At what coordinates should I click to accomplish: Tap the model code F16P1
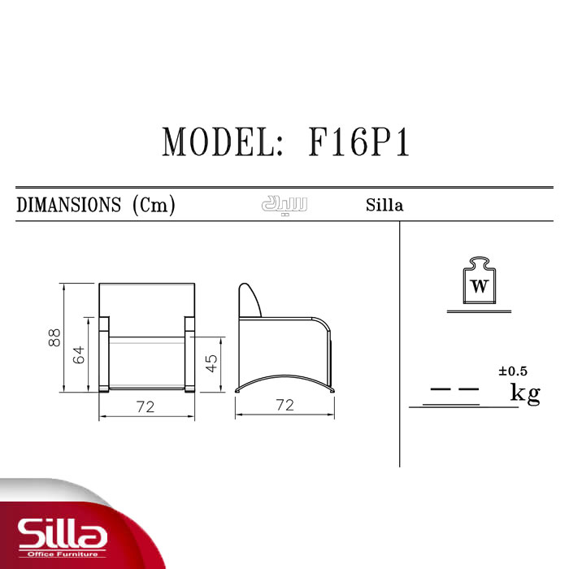tap(359, 142)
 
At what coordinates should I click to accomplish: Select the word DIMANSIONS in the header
tap(69, 205)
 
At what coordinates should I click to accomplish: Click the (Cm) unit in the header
tap(154, 206)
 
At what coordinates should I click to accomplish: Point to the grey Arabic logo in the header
tap(284, 205)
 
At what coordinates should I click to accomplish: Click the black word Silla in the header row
tap(384, 205)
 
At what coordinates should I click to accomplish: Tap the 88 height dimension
tap(54, 337)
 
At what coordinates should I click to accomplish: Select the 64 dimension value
tap(79, 354)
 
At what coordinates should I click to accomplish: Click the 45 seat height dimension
tap(211, 363)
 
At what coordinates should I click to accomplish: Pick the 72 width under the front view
tap(146, 406)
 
